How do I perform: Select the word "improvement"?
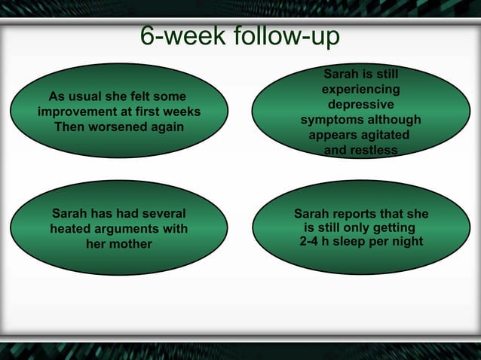click(77, 111)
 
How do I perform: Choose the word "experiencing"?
click(361, 90)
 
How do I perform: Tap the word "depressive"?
click(360, 105)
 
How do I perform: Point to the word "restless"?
click(372, 151)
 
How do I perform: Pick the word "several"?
click(159, 213)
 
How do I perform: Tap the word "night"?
click(406, 242)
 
